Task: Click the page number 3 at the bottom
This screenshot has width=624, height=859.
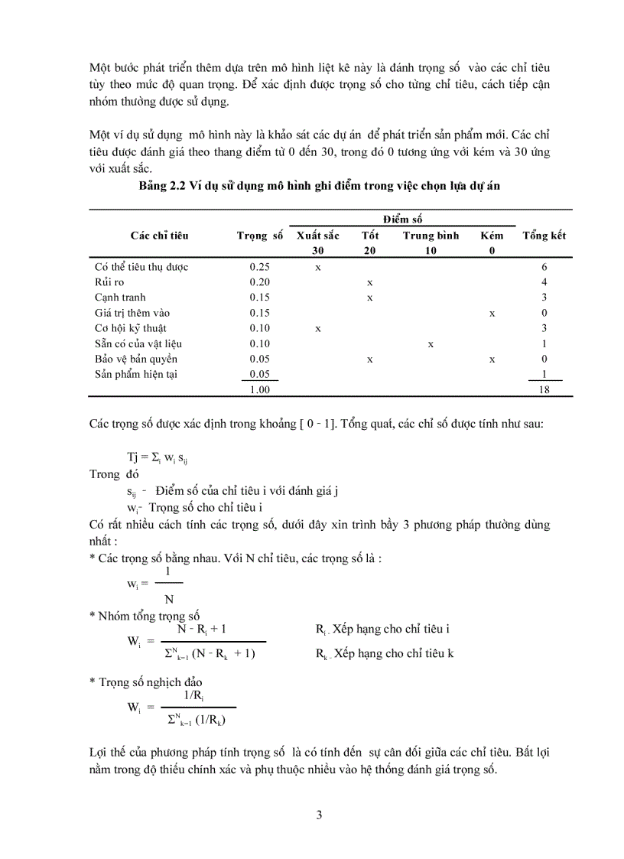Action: pos(320,815)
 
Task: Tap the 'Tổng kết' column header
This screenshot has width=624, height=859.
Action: pos(544,236)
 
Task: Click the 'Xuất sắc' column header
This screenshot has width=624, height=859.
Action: pos(317,236)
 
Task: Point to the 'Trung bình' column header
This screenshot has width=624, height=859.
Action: pos(431,236)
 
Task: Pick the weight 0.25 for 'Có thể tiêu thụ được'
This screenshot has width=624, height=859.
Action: pos(259,268)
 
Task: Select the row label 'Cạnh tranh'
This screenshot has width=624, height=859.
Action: pos(120,298)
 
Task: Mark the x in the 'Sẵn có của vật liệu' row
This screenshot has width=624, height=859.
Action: pos(431,344)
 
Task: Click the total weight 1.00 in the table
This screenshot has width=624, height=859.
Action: pos(259,389)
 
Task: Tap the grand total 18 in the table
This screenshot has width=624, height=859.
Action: pos(544,389)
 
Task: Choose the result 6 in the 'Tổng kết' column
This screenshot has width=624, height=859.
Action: pos(544,268)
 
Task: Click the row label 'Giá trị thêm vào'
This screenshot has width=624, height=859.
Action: pos(132,313)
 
